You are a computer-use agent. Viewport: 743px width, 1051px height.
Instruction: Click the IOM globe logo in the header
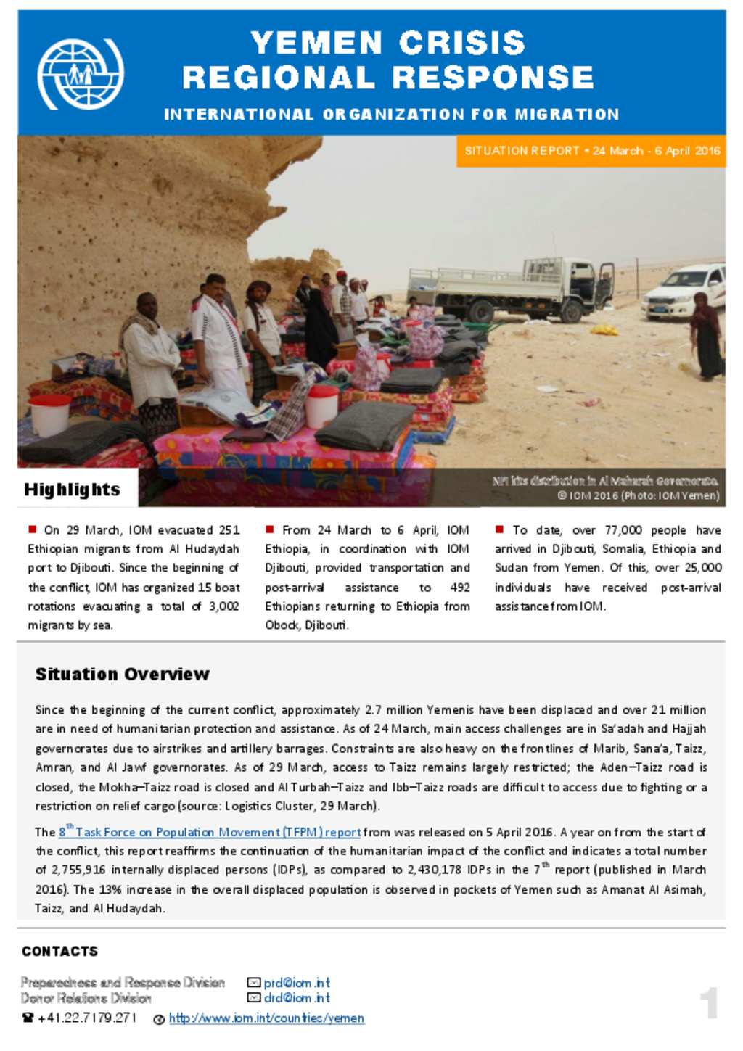point(80,74)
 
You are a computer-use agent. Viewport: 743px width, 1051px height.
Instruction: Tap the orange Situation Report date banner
point(591,151)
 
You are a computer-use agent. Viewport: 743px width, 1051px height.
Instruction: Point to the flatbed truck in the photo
point(508,288)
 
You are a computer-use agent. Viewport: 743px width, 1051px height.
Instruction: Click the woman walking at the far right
point(707,337)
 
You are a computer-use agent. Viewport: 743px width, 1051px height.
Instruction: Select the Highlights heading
point(72,490)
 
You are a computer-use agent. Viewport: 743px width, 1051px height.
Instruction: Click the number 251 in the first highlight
point(229,530)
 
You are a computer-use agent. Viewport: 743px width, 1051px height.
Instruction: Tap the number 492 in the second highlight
point(459,588)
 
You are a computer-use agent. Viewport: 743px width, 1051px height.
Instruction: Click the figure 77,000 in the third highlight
point(623,530)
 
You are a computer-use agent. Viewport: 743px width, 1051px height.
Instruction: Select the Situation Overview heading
point(122,675)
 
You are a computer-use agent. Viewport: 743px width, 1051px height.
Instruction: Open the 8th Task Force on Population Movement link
point(210,832)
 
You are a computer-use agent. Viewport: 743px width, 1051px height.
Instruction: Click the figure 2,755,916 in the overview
point(78,870)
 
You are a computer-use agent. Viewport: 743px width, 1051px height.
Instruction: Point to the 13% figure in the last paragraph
point(110,889)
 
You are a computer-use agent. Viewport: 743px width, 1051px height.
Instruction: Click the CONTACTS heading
point(59,951)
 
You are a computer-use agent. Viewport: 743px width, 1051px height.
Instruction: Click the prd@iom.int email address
point(296,983)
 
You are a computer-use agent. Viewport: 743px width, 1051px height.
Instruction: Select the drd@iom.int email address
point(296,998)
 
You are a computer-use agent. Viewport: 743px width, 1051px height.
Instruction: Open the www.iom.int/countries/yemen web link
point(266,1018)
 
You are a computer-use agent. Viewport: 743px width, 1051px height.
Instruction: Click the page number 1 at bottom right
point(709,1003)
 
